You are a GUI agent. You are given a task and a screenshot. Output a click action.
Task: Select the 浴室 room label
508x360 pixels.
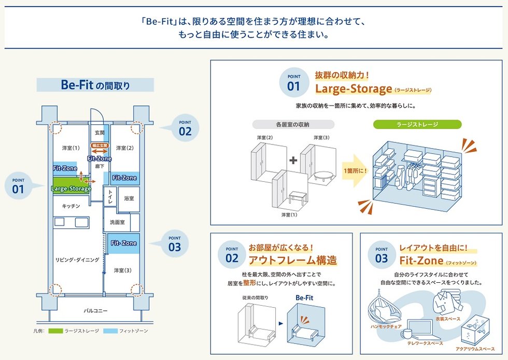tap(129, 198)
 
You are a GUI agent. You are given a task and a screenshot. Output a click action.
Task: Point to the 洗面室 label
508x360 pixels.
tap(117, 222)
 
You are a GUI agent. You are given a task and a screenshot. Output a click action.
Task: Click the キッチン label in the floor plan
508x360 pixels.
tap(70, 206)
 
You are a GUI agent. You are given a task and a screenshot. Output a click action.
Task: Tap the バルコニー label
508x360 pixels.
tap(95, 311)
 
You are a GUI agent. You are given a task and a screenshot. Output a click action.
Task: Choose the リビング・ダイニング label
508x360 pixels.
tap(77, 260)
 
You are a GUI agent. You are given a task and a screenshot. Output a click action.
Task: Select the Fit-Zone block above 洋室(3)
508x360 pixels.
tap(123, 243)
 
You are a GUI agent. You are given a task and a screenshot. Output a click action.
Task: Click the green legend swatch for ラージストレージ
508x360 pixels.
tap(55, 330)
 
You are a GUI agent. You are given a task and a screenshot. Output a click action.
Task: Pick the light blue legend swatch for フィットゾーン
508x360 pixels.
tap(110, 330)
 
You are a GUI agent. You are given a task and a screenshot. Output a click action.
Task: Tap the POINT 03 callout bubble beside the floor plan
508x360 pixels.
tap(175, 243)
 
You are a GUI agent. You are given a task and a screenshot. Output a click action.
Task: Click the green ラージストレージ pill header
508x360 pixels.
tap(417, 124)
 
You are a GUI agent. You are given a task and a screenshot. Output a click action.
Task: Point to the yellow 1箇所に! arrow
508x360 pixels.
tap(354, 170)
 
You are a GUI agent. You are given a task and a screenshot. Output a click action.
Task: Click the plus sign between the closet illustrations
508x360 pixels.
tap(293, 160)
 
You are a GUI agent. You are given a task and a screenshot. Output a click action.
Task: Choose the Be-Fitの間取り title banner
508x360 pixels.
tap(95, 85)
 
